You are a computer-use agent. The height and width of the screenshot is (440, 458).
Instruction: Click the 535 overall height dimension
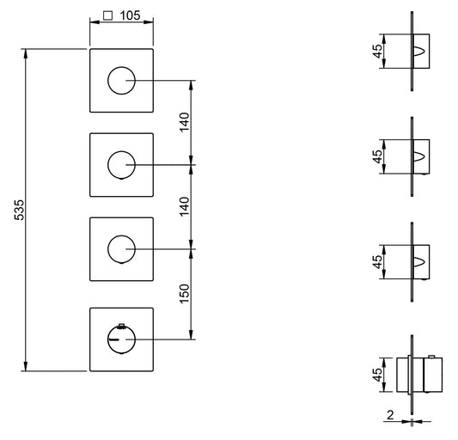tap(19, 210)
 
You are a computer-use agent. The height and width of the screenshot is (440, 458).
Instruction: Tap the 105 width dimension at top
tap(130, 15)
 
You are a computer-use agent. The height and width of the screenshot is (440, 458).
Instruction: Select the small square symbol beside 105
tap(108, 15)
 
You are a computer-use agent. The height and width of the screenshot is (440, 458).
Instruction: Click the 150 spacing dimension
tap(184, 294)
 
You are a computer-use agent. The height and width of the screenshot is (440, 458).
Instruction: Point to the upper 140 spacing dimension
tap(184, 122)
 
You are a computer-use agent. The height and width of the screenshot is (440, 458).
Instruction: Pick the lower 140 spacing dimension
tap(184, 206)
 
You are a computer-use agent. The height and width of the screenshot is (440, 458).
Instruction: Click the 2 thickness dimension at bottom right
tap(390, 415)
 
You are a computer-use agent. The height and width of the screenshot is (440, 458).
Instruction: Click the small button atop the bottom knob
tap(121, 326)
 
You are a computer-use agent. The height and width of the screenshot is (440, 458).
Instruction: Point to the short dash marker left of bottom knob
tap(113, 339)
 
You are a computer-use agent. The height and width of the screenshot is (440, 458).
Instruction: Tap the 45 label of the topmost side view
tap(377, 51)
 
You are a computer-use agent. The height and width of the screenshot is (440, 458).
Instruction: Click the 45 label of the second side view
tap(377, 156)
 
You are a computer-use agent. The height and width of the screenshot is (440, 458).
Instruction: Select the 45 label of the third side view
tap(377, 262)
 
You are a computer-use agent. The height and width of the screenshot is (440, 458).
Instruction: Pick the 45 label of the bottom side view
tap(377, 375)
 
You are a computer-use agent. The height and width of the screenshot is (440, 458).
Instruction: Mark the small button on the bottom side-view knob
tap(431, 357)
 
